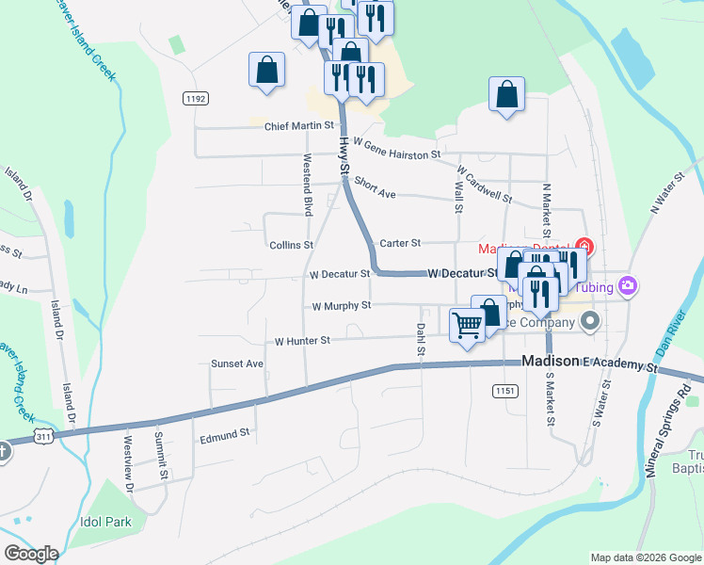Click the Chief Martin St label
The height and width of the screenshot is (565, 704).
[x=299, y=125]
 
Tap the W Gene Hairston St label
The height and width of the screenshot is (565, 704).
[x=397, y=153]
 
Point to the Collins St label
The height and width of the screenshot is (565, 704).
[x=291, y=245]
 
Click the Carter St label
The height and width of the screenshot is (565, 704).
[x=399, y=243]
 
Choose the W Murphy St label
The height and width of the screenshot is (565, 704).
[x=342, y=306]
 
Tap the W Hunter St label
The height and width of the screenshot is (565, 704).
[x=302, y=341]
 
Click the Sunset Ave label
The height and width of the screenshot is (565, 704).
[x=237, y=363]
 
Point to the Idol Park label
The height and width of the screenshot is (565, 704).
[x=105, y=521]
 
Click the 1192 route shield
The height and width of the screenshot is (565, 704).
[x=196, y=98]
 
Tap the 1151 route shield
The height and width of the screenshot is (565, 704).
[x=504, y=389]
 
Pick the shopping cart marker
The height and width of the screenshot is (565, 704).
[x=467, y=326]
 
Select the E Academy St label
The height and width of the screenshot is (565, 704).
[x=617, y=363]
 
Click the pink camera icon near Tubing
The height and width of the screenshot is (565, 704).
[x=629, y=286]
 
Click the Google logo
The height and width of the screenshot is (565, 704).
[x=30, y=554]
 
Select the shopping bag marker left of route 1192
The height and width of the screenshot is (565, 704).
[x=266, y=70]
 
